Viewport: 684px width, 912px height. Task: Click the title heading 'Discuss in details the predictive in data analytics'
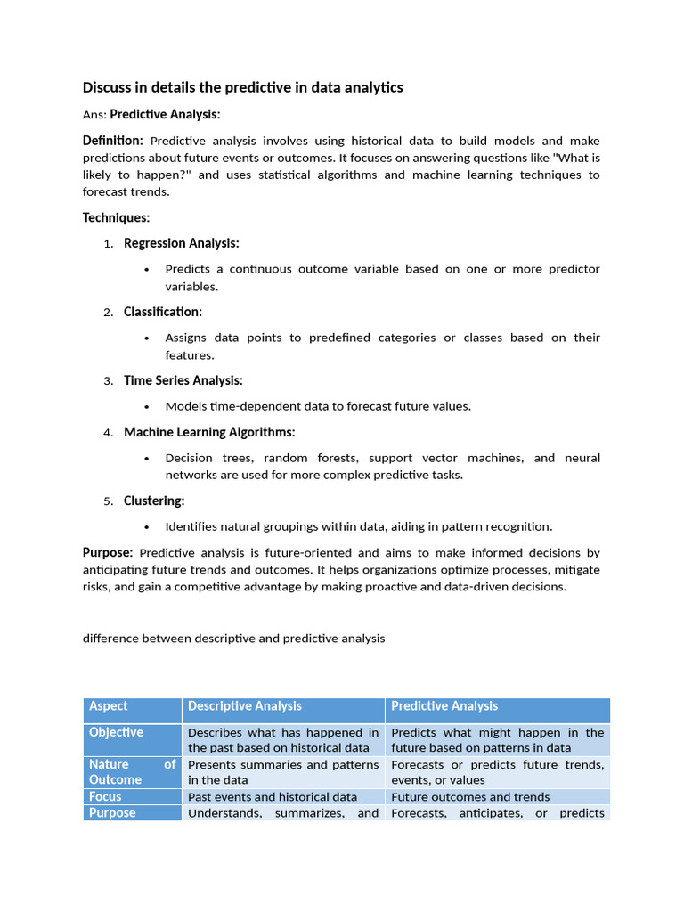pyautogui.click(x=242, y=87)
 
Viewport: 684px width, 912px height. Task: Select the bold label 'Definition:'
pyautogui.click(x=112, y=141)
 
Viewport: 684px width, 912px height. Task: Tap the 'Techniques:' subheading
pyautogui.click(x=116, y=217)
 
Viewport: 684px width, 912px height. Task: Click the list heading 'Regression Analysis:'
pyautogui.click(x=181, y=243)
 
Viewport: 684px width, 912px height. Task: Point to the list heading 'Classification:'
pyautogui.click(x=163, y=312)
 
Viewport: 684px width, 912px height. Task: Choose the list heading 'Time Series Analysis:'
pyautogui.click(x=183, y=380)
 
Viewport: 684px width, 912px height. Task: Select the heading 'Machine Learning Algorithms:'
pyautogui.click(x=209, y=432)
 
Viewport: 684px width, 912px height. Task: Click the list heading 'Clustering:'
pyautogui.click(x=154, y=501)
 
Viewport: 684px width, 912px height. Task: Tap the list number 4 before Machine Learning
pyautogui.click(x=107, y=433)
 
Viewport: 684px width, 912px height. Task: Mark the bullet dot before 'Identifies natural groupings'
pyautogui.click(x=146, y=527)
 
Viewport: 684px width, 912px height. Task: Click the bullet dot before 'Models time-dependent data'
pyautogui.click(x=146, y=407)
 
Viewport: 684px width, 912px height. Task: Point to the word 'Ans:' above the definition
pyautogui.click(x=94, y=115)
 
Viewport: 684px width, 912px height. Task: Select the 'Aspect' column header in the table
pyautogui.click(x=108, y=706)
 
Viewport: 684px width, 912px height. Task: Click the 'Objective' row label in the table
pyautogui.click(x=116, y=732)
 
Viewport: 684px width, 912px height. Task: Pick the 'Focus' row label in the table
pyautogui.click(x=105, y=796)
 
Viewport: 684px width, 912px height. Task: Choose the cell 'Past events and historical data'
pyautogui.click(x=273, y=797)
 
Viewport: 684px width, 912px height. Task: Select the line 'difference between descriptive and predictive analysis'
pyautogui.click(x=233, y=639)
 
